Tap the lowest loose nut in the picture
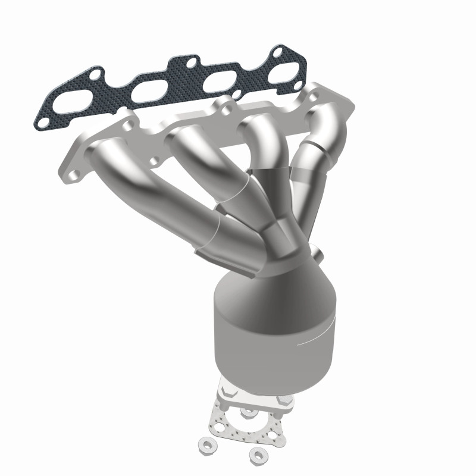257,454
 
